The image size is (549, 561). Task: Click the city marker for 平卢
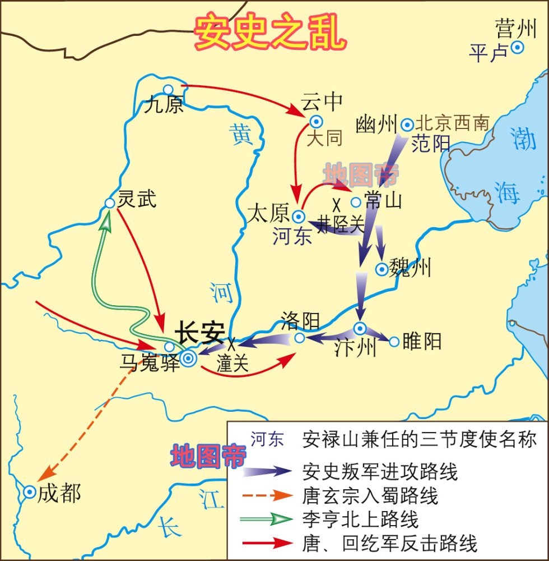pyautogui.click(x=518, y=48)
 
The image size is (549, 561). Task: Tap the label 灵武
pyautogui.click(x=137, y=199)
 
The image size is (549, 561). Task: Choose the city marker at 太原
pyautogui.click(x=299, y=216)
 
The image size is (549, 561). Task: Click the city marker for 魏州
pyautogui.click(x=381, y=269)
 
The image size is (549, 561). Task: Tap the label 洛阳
pyautogui.click(x=300, y=321)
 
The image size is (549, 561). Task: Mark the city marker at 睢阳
pyautogui.click(x=394, y=341)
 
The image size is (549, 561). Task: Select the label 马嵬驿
pyautogui.click(x=150, y=363)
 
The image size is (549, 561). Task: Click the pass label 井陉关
pyautogui.click(x=342, y=225)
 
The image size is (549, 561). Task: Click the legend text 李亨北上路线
pyautogui.click(x=360, y=519)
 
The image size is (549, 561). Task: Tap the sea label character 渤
pyautogui.click(x=525, y=139)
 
